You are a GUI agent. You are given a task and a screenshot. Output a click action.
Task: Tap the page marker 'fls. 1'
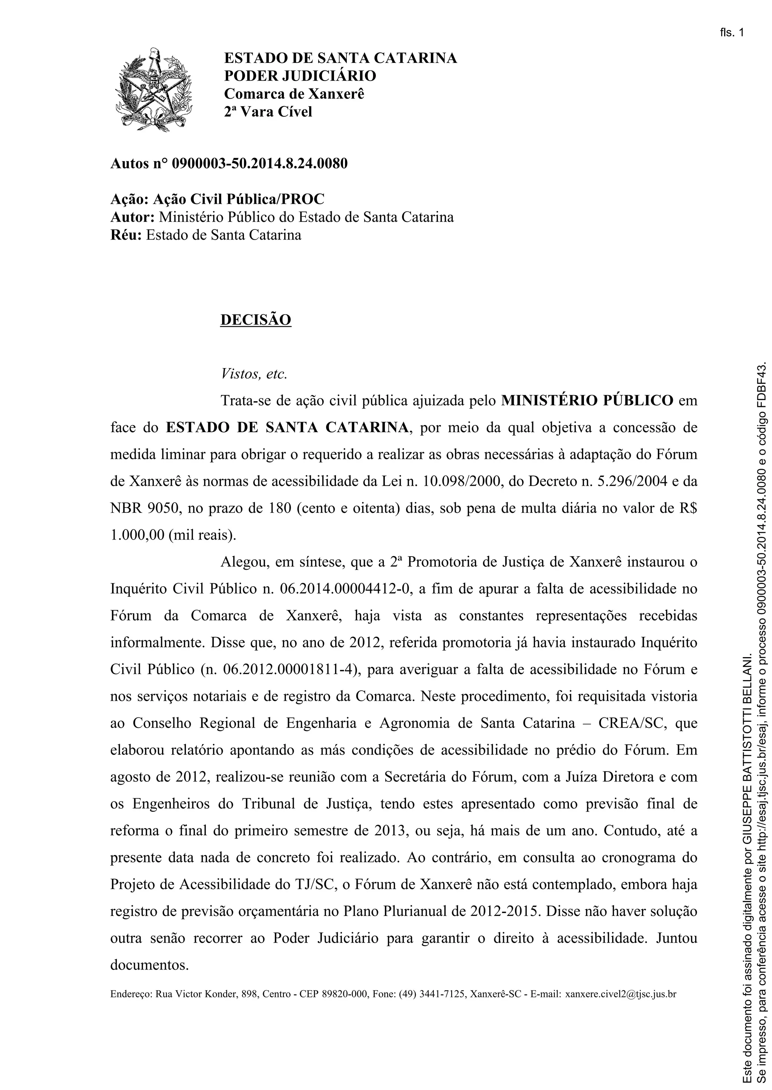(x=732, y=32)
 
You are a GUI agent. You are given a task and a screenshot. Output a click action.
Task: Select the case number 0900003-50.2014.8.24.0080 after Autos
(x=260, y=164)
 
